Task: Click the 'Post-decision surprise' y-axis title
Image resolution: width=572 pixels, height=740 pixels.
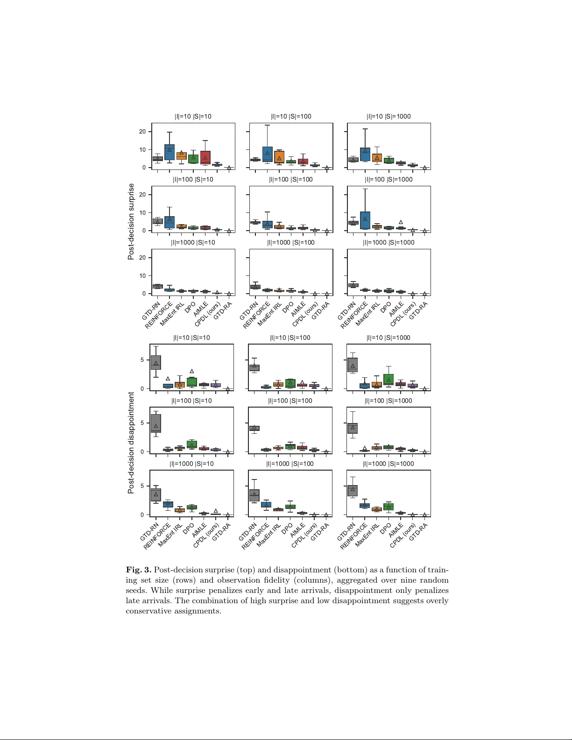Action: pyautogui.click(x=131, y=221)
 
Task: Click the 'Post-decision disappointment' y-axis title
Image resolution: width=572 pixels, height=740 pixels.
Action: pyautogui.click(x=131, y=443)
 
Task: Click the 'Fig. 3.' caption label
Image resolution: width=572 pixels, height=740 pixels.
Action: pyautogui.click(x=138, y=570)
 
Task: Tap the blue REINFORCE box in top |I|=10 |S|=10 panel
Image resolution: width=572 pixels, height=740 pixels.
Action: pyautogui.click(x=169, y=153)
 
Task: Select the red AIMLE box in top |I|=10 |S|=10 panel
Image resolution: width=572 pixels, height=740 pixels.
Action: pyautogui.click(x=205, y=157)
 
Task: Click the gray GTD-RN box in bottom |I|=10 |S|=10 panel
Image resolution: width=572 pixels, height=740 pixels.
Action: pyautogui.click(x=155, y=362)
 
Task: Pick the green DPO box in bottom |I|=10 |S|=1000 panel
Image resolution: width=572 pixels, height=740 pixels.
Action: pyautogui.click(x=388, y=380)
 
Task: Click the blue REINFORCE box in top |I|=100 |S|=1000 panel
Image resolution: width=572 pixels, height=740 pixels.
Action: pyautogui.click(x=365, y=220)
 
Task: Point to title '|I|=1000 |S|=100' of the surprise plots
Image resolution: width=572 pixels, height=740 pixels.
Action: pyautogui.click(x=290, y=243)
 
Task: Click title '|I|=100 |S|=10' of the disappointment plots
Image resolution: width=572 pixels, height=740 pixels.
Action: pyautogui.click(x=191, y=401)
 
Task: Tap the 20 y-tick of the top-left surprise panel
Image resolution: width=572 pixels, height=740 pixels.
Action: pyautogui.click(x=142, y=132)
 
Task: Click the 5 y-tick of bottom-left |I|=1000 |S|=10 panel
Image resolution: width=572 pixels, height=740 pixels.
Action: pyautogui.click(x=142, y=486)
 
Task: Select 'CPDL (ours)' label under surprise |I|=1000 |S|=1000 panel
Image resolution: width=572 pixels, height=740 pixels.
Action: pyautogui.click(x=403, y=314)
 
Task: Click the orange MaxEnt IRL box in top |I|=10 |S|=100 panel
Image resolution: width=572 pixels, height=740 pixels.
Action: pyautogui.click(x=279, y=156)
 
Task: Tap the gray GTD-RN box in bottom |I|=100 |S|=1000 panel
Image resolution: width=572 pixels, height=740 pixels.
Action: pyautogui.click(x=353, y=428)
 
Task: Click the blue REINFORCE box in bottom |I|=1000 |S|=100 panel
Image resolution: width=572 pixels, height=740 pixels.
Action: pyautogui.click(x=266, y=505)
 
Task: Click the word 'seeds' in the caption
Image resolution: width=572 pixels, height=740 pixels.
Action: pyautogui.click(x=136, y=591)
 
